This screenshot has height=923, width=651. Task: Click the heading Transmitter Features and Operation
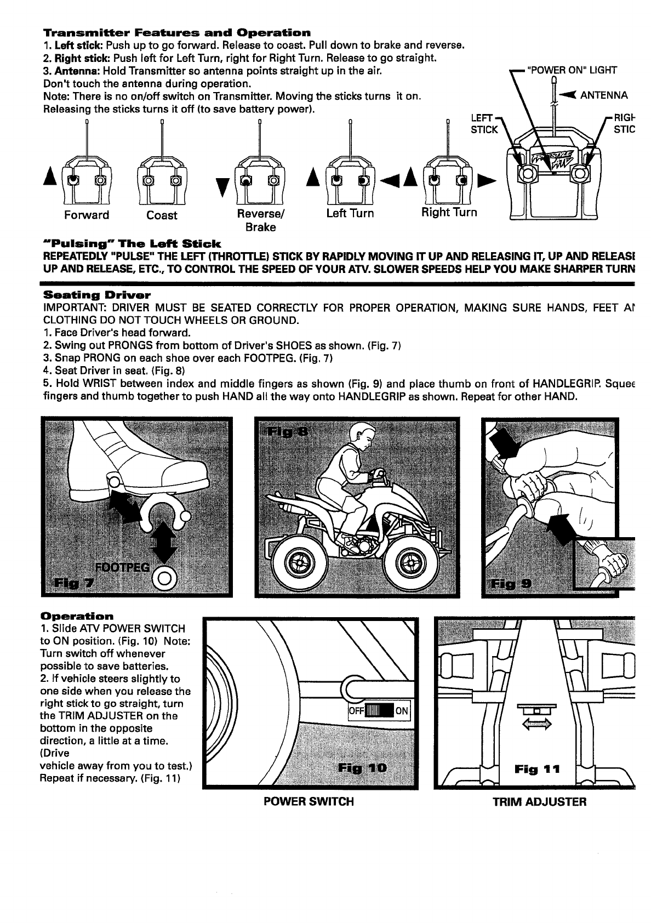click(176, 33)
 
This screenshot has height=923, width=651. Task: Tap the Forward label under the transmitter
click(87, 215)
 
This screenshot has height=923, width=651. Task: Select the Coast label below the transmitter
click(162, 215)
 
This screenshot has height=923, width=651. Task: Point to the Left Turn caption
click(350, 213)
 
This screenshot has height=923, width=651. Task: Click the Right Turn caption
click(449, 212)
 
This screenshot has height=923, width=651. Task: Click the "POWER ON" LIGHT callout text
click(572, 70)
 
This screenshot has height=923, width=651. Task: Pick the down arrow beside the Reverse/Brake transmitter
click(222, 186)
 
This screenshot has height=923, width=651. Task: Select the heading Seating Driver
click(96, 295)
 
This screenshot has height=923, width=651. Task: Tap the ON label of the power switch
click(402, 712)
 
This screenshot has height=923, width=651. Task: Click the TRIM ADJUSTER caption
click(540, 802)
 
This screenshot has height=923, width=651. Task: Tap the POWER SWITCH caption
click(309, 801)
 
